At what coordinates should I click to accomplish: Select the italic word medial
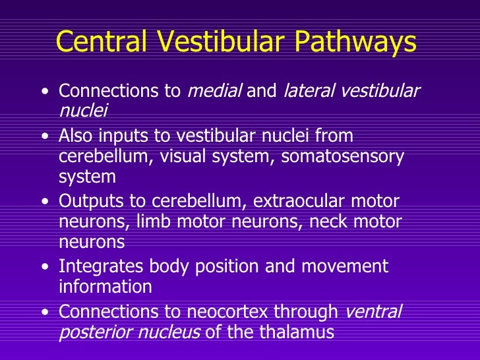tap(214, 91)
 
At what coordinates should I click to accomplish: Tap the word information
tap(105, 287)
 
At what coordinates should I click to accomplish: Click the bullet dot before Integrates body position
tap(44, 268)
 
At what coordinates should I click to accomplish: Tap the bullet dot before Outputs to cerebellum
tap(44, 202)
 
